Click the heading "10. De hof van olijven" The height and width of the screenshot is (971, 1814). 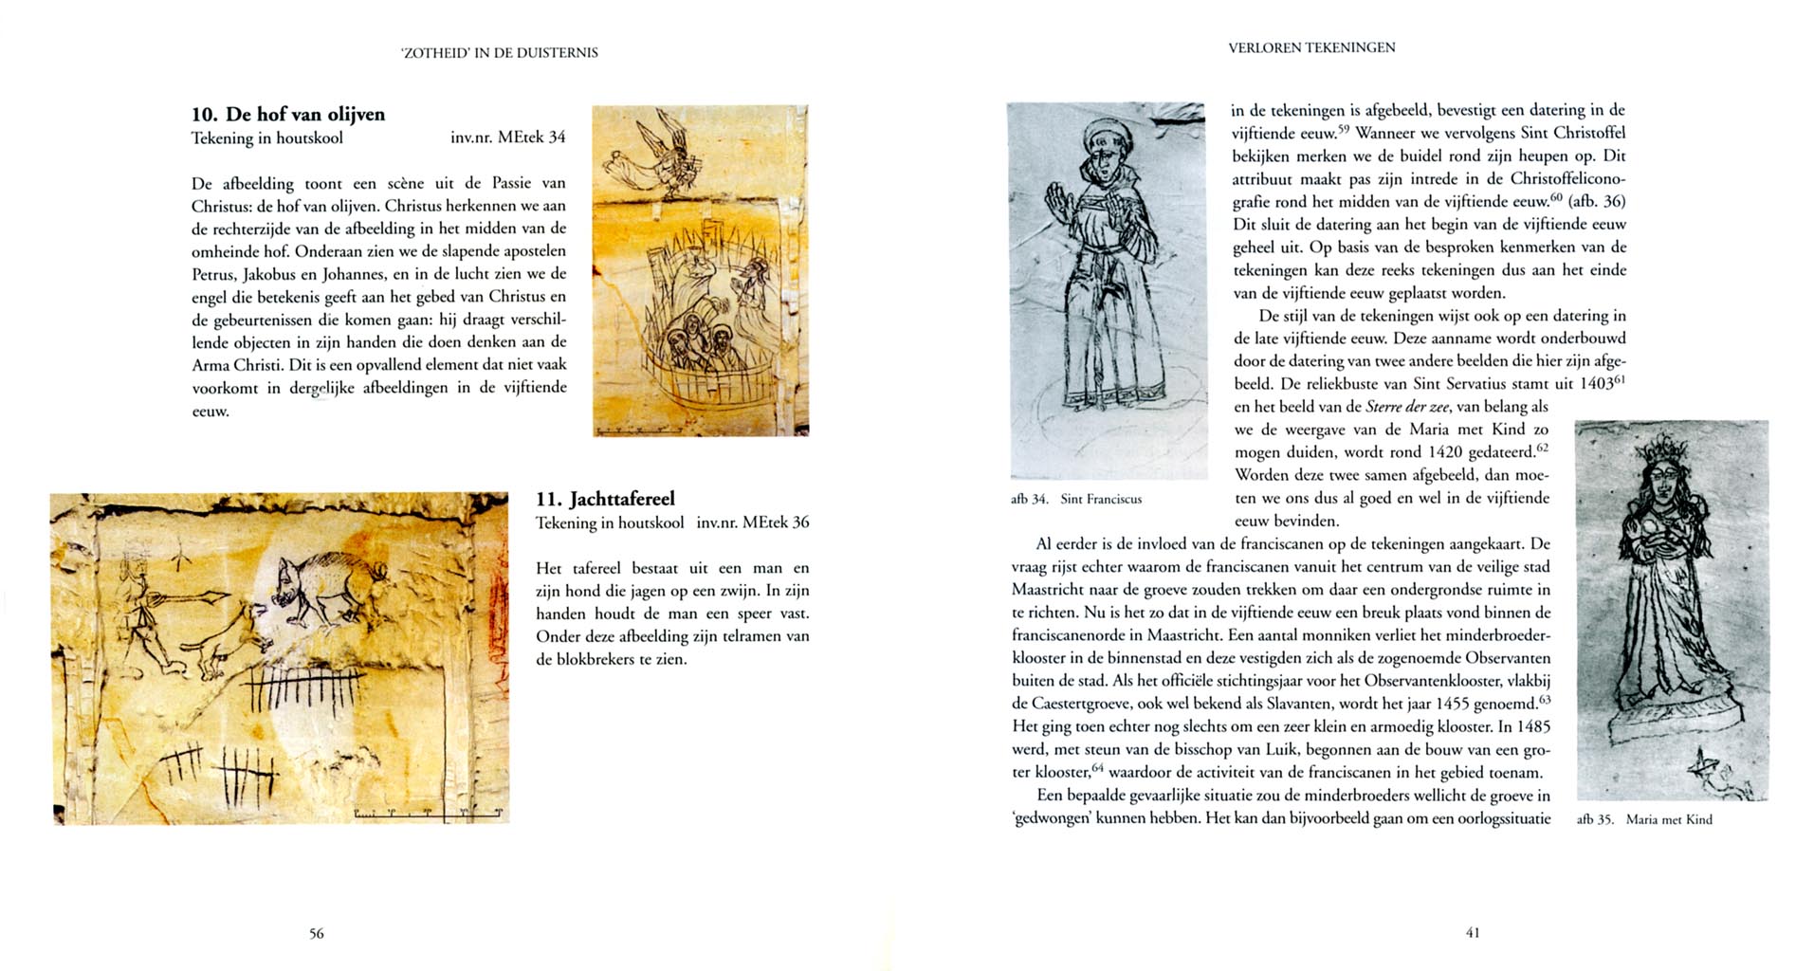[288, 115]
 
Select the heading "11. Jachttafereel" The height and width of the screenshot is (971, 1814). [605, 499]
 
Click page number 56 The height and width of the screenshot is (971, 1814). [317, 933]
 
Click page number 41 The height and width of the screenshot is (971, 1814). [1473, 932]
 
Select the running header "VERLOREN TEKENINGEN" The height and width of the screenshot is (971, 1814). [1311, 47]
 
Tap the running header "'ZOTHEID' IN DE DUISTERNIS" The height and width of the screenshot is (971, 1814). [500, 53]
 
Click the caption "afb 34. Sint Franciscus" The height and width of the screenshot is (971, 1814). [1076, 499]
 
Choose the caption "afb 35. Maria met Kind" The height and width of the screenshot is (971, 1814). [1644, 819]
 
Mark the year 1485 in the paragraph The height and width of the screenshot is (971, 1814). [1532, 726]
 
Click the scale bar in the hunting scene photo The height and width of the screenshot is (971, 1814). [428, 814]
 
